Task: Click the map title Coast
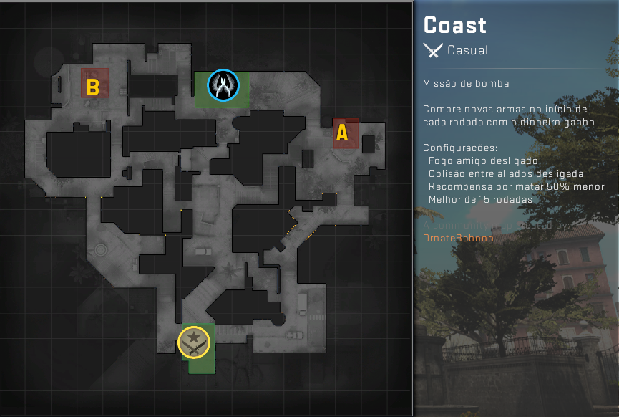(455, 26)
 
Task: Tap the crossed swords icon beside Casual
(432, 50)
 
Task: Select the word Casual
(467, 50)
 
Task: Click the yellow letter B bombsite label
(92, 88)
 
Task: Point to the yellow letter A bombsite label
(342, 133)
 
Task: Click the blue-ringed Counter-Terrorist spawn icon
(223, 85)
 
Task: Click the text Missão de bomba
(466, 83)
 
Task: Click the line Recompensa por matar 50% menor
(507, 186)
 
